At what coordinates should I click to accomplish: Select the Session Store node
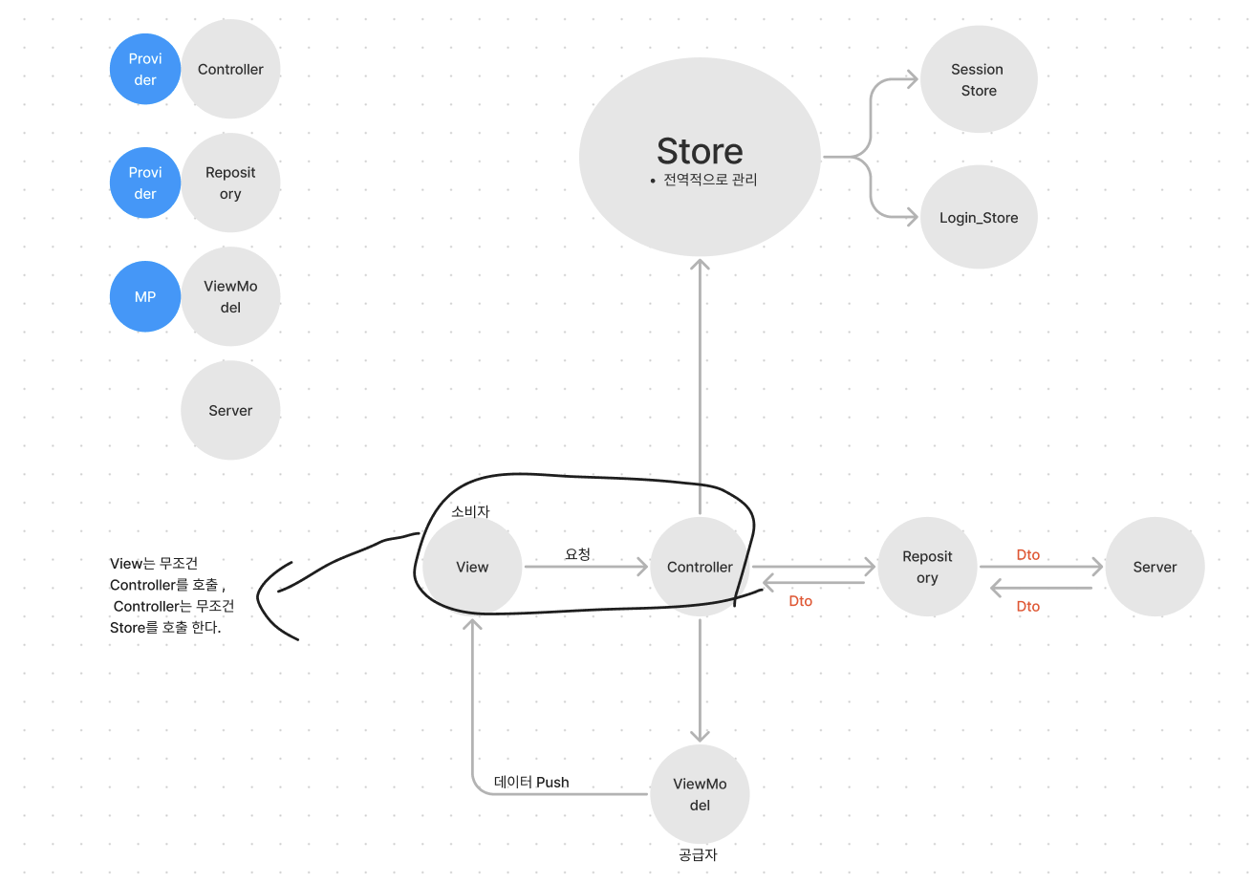(x=979, y=80)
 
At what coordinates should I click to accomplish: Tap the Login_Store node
(x=979, y=218)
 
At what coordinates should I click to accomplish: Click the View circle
(x=472, y=567)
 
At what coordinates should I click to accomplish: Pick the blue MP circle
(x=145, y=297)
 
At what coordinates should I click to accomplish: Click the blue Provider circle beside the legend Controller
(x=145, y=70)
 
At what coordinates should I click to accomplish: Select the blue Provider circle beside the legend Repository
(x=145, y=183)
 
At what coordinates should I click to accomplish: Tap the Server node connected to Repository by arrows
(x=1155, y=567)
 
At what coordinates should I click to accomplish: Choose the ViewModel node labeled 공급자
(x=700, y=794)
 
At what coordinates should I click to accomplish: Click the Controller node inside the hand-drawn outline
(x=700, y=567)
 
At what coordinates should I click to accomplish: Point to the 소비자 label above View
(x=470, y=511)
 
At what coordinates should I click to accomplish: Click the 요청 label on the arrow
(x=577, y=553)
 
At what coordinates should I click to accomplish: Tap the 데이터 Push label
(x=531, y=782)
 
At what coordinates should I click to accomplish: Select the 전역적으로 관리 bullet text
(x=709, y=179)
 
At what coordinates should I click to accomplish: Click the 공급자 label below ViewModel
(x=698, y=855)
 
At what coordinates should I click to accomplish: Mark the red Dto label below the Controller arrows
(x=801, y=601)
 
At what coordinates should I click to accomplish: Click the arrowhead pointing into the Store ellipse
(x=700, y=265)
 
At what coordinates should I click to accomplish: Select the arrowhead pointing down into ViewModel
(x=700, y=735)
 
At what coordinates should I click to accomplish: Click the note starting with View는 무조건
(x=171, y=595)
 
